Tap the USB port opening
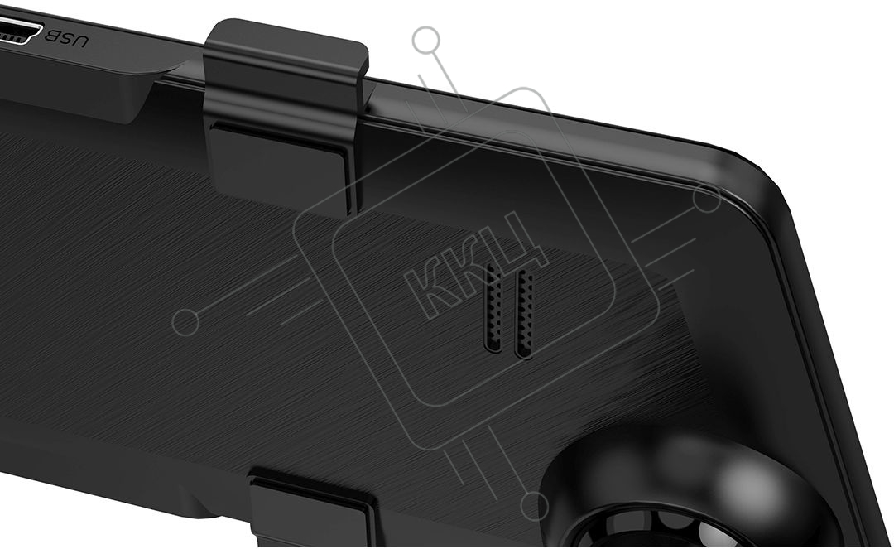point(20,31)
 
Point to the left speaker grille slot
point(493,310)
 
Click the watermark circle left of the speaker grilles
point(185,322)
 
